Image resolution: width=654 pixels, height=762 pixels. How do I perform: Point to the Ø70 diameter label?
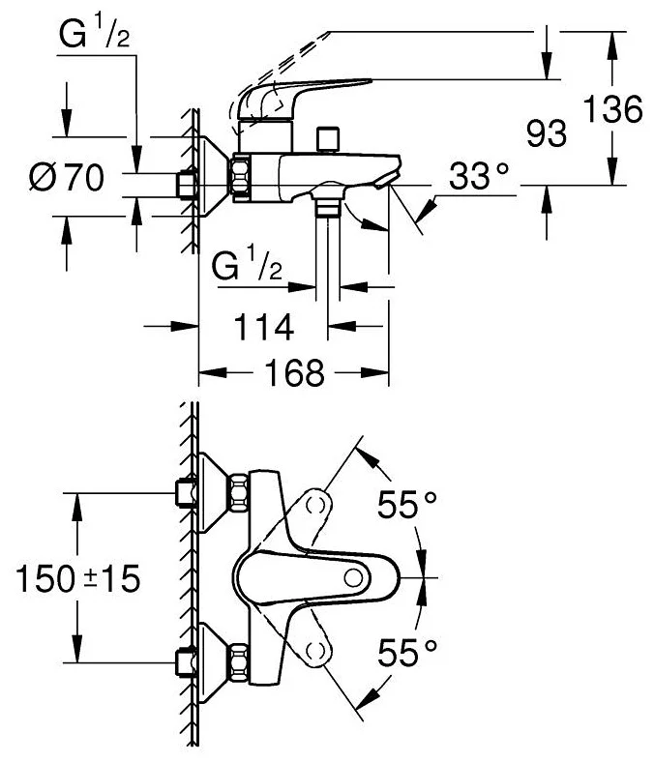(66, 178)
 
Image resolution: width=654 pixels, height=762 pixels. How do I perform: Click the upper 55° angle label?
(407, 505)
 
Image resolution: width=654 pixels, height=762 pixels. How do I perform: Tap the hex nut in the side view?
(239, 179)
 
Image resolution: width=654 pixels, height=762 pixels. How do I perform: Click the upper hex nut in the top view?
(239, 492)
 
